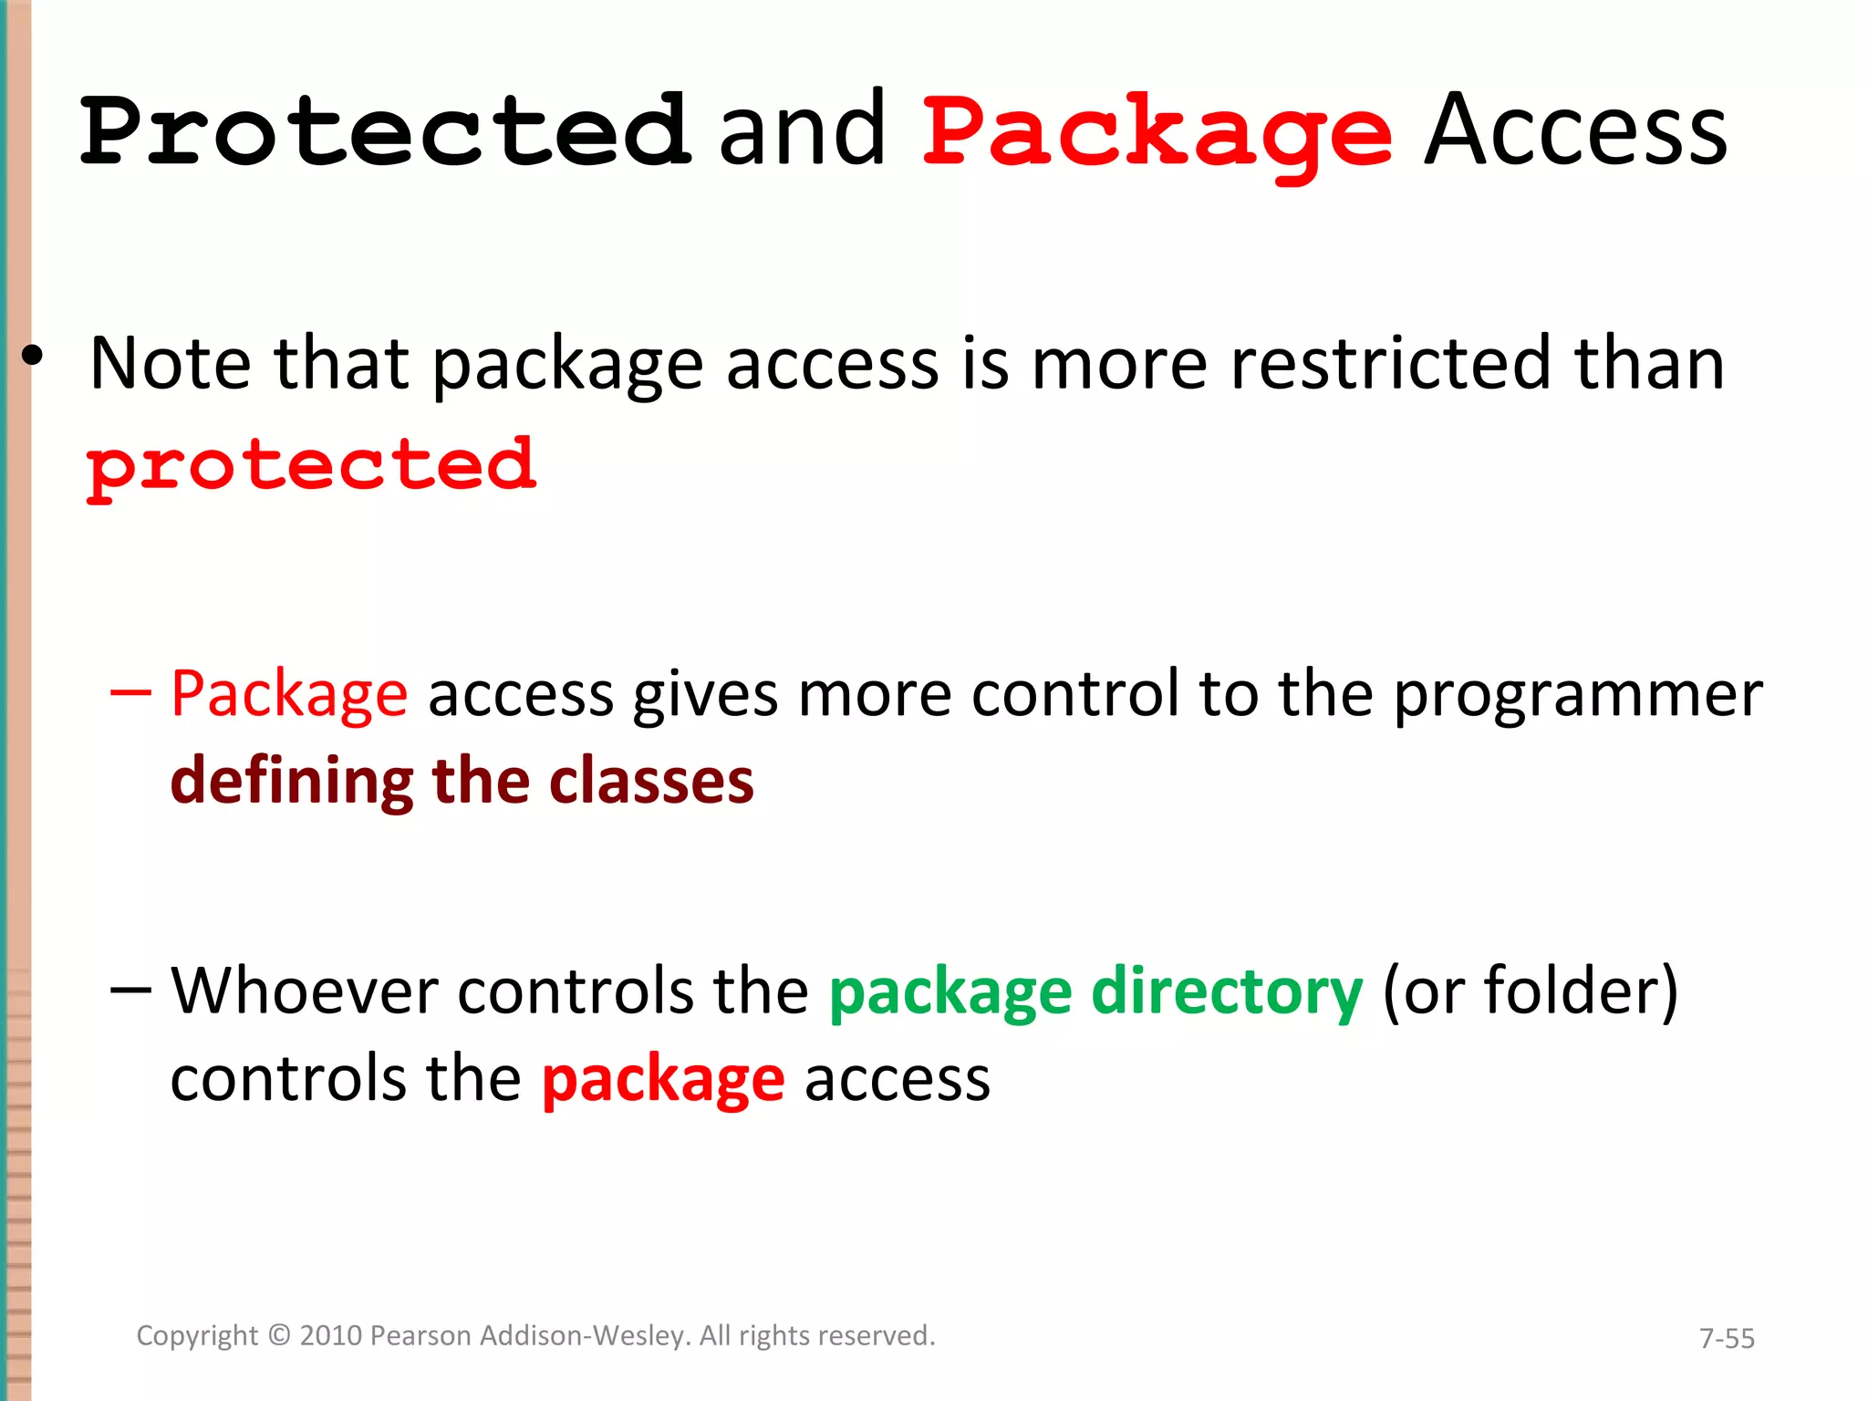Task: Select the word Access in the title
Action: pyautogui.click(x=1575, y=132)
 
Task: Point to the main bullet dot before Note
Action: pyautogui.click(x=33, y=357)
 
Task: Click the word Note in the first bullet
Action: pyautogui.click(x=171, y=364)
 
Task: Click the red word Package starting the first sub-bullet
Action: pyautogui.click(x=289, y=695)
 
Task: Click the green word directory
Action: pyautogui.click(x=1227, y=992)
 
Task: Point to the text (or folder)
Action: pyautogui.click(x=1530, y=991)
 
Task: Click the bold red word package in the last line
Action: pyautogui.click(x=663, y=1081)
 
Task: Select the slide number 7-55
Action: pyautogui.click(x=1726, y=1338)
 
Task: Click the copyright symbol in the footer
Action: pyautogui.click(x=279, y=1335)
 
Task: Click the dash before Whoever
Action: pyautogui.click(x=130, y=990)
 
